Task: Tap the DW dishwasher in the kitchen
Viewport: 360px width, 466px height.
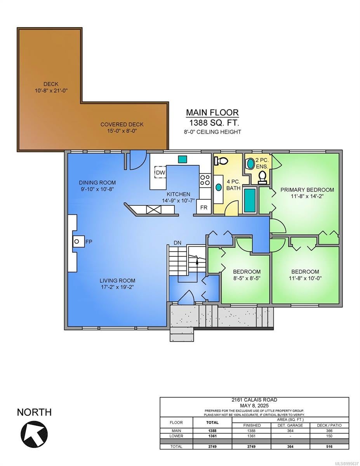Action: point(161,172)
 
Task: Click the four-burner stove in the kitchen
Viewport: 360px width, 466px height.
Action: point(205,180)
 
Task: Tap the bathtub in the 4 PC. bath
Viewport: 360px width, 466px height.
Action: point(250,200)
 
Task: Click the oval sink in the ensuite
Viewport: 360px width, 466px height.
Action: point(250,163)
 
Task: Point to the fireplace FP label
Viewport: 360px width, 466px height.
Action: point(89,242)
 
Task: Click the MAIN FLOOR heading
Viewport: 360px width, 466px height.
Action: point(212,113)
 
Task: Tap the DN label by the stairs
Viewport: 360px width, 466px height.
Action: point(177,243)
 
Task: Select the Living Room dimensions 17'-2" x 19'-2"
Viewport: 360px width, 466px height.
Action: point(118,287)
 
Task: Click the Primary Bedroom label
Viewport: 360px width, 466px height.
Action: point(307,190)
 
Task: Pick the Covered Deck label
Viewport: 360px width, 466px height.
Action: point(122,124)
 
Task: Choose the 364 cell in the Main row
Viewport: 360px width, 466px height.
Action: point(290,431)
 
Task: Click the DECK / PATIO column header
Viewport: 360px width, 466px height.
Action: point(329,425)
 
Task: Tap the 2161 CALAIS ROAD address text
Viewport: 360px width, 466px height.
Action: point(254,400)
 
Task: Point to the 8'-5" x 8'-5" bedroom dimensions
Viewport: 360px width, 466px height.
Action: point(247,278)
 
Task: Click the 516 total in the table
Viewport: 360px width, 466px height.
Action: point(329,447)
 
